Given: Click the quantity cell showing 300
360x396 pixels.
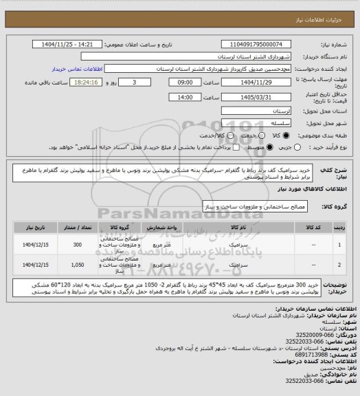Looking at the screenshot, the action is click(x=77, y=245).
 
